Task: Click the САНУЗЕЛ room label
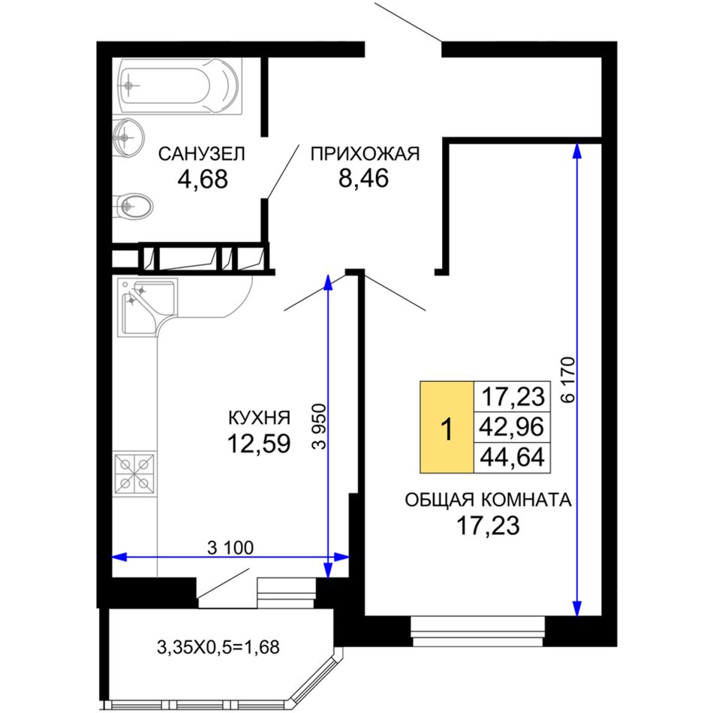(201, 154)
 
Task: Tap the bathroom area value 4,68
(203, 179)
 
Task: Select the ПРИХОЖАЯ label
(365, 154)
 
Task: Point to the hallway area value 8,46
(363, 178)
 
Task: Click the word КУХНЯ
(259, 417)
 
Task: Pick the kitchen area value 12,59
(259, 444)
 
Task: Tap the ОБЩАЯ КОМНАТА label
(488, 500)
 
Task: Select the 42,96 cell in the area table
(512, 427)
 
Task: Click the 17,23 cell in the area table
(512, 396)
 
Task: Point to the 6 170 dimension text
(568, 380)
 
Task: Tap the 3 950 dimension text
(320, 426)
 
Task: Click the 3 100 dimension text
(230, 548)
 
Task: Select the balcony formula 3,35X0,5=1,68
(218, 647)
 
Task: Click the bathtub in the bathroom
(178, 86)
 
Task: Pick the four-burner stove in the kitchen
(134, 474)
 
